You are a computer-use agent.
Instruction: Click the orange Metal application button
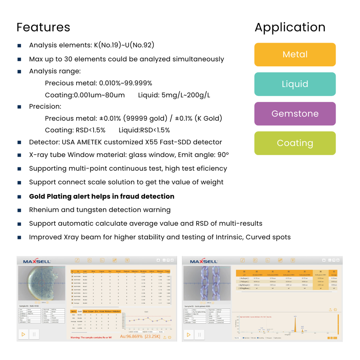(295, 55)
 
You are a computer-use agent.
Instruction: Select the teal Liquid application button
(295, 84)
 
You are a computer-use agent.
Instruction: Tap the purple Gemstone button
(295, 114)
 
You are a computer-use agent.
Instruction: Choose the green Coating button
(295, 143)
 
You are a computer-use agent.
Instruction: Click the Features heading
(43, 27)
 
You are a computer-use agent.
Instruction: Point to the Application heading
(290, 27)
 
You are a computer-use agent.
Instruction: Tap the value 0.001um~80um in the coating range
(99, 95)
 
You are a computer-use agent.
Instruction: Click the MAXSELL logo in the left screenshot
(37, 261)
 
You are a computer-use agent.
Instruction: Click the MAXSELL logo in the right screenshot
(204, 261)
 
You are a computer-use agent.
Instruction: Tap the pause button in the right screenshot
(200, 334)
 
